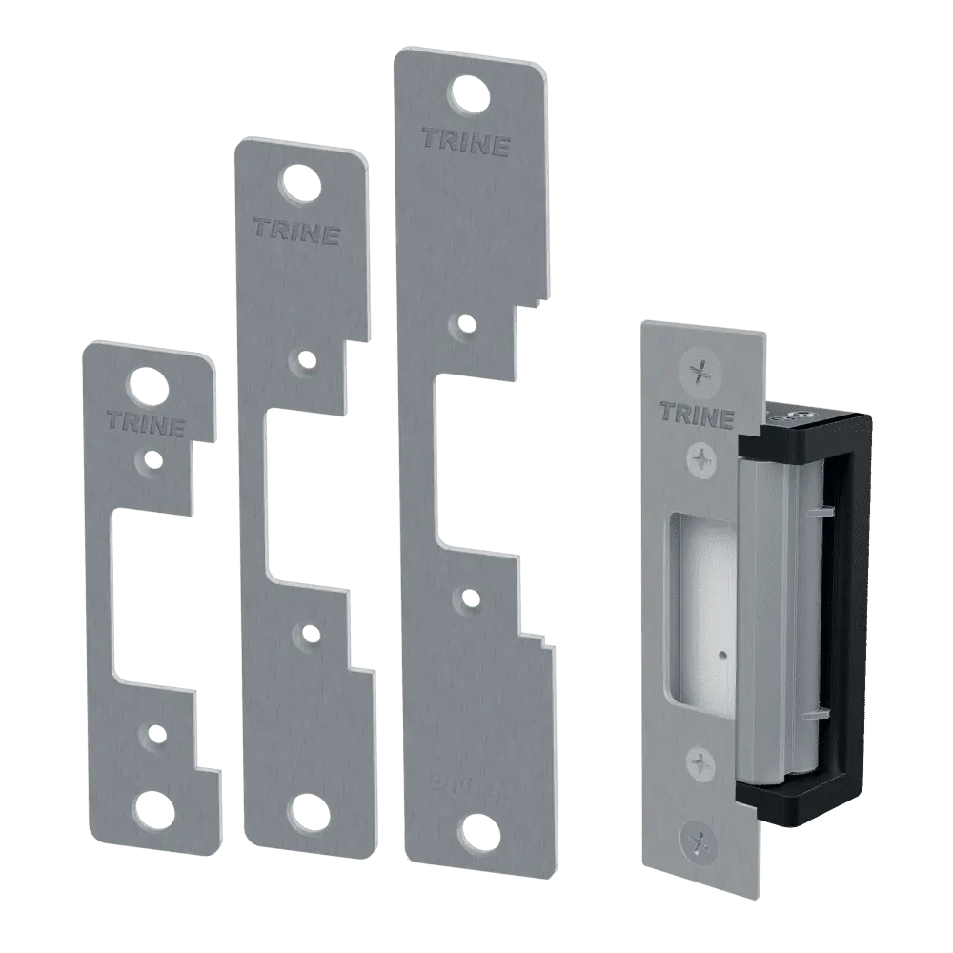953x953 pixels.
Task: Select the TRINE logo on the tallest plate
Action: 465,144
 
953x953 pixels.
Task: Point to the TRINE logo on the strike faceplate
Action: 697,416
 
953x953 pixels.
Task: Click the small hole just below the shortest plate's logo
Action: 150,458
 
